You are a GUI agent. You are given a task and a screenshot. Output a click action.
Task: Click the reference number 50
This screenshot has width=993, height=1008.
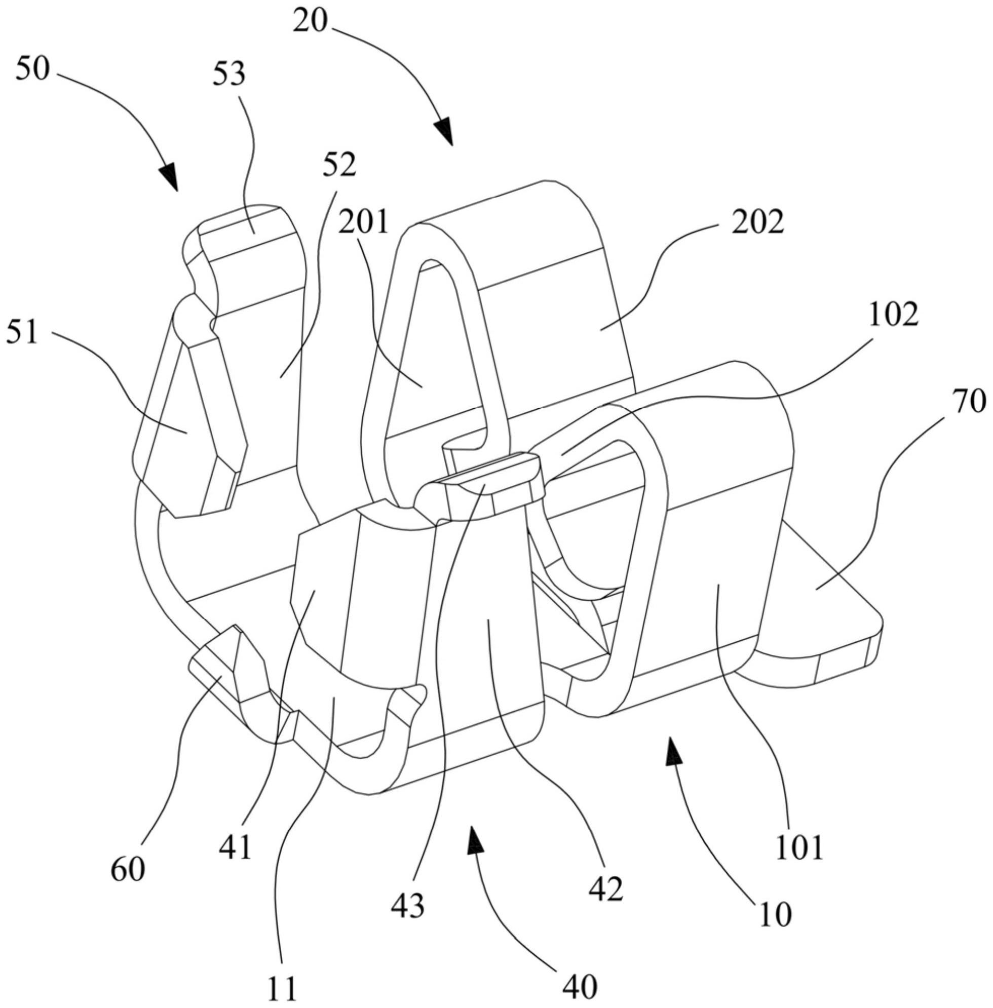(x=32, y=69)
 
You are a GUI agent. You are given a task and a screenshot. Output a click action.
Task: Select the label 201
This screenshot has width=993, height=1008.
(x=364, y=222)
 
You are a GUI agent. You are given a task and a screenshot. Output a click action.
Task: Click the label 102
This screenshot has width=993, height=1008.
(x=893, y=316)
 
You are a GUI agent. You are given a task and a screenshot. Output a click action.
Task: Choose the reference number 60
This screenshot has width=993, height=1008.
(x=127, y=869)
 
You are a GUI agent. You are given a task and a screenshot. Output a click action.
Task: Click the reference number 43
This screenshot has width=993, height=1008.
(x=408, y=906)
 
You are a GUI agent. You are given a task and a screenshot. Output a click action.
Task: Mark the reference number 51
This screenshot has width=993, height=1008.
(x=22, y=331)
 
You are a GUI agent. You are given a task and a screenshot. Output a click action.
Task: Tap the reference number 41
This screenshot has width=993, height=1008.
(x=235, y=848)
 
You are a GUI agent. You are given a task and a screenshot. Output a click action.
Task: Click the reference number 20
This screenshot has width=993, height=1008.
(x=310, y=22)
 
